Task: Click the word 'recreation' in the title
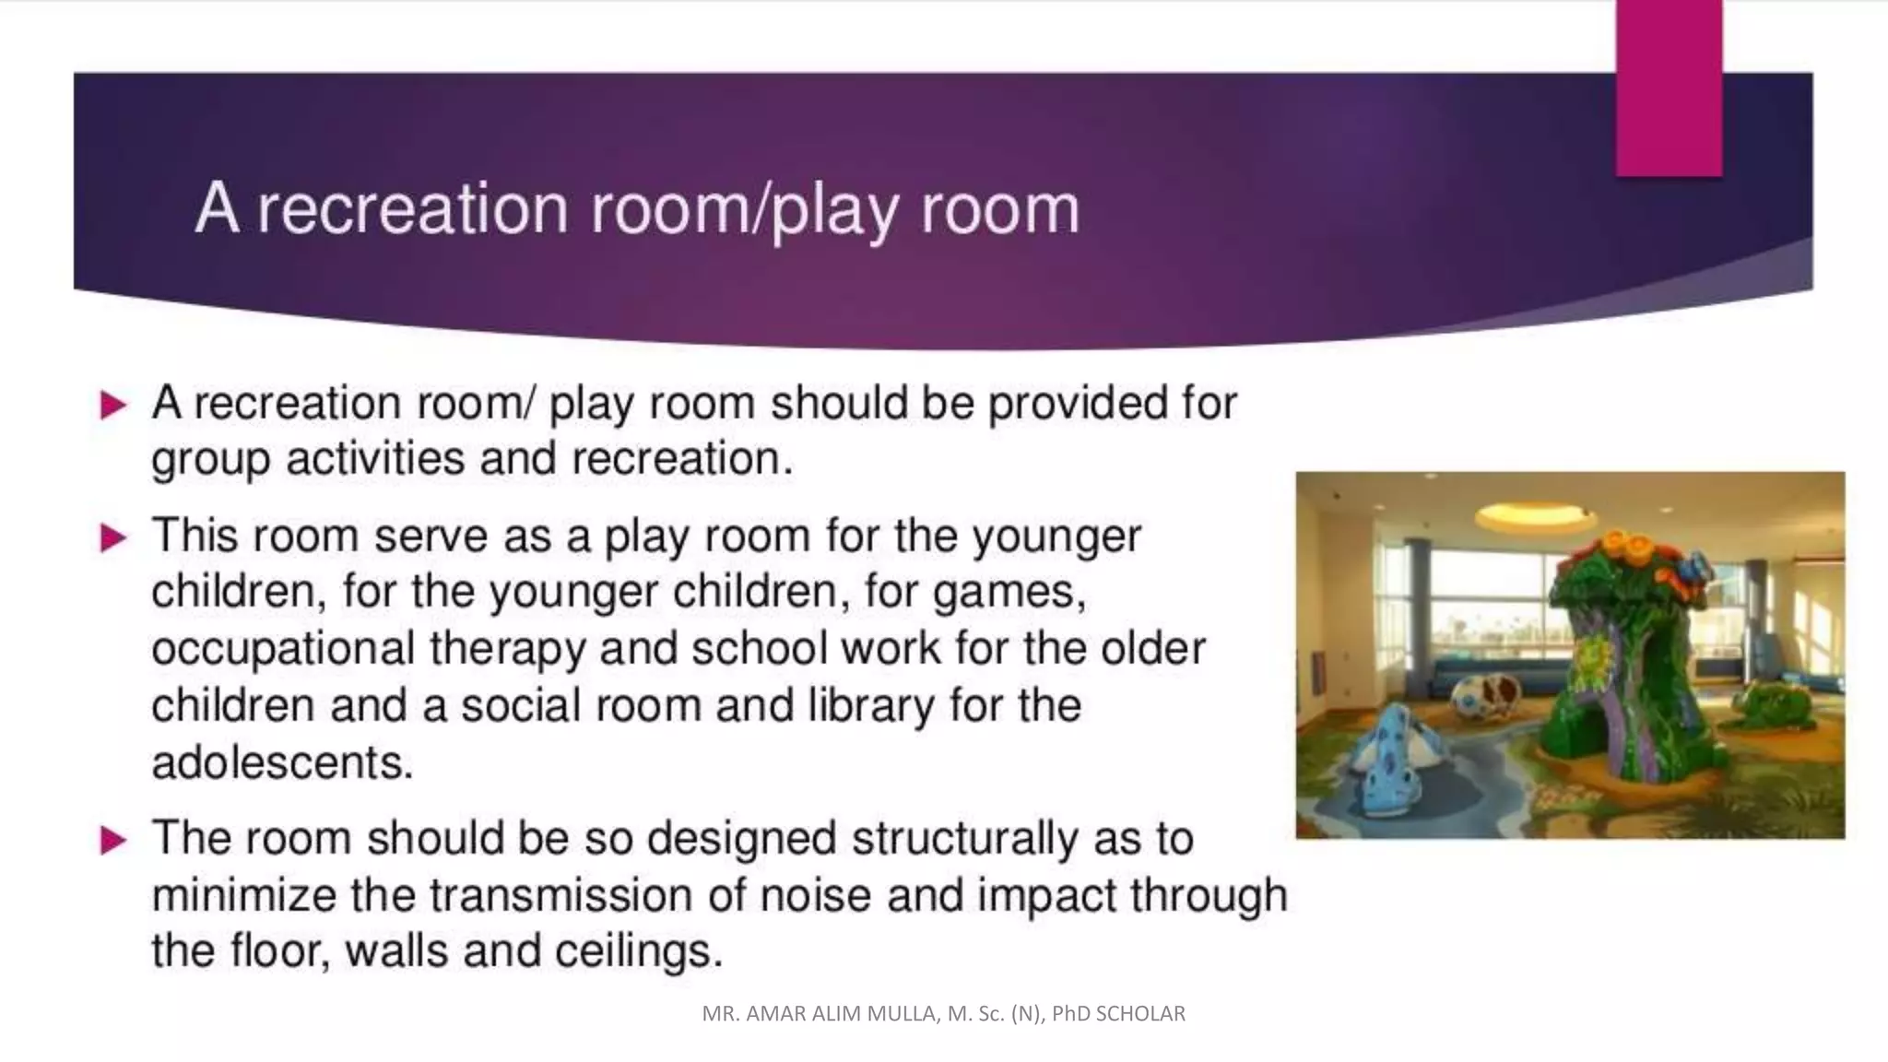[412, 208]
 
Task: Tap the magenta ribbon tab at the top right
[1668, 88]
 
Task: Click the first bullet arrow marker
[112, 405]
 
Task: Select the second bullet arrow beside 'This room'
[112, 537]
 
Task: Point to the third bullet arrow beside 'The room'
[112, 840]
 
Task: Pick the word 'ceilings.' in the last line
[638, 951]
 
